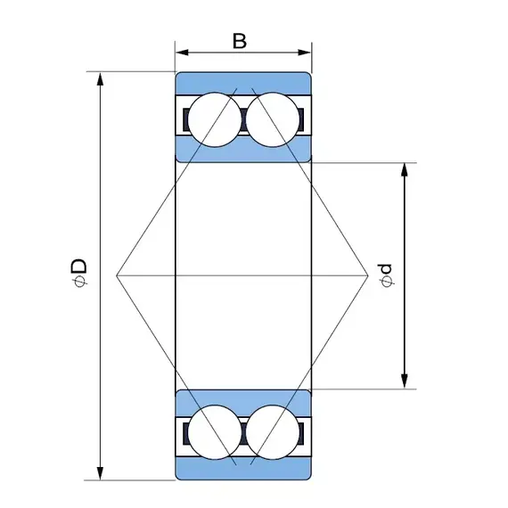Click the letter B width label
[x=240, y=41]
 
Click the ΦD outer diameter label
[x=79, y=273]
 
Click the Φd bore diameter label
[x=386, y=275]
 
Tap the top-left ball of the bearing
[x=215, y=120]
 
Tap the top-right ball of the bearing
[x=273, y=120]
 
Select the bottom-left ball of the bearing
[x=215, y=432]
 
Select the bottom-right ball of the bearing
[x=273, y=432]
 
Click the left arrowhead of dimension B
[x=182, y=53]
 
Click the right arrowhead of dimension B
[x=305, y=53]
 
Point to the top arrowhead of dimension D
[x=101, y=79]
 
